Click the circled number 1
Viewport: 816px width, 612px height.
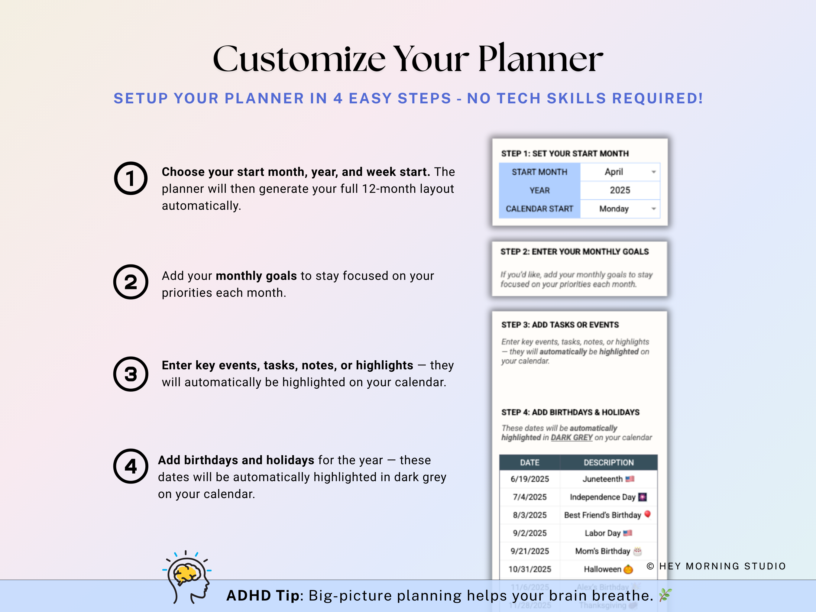pyautogui.click(x=131, y=179)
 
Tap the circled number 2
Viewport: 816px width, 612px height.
pyautogui.click(x=131, y=282)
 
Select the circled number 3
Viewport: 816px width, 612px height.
pyautogui.click(x=131, y=374)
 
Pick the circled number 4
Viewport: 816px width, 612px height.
pyautogui.click(x=131, y=466)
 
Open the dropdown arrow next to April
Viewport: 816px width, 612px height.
pyautogui.click(x=653, y=172)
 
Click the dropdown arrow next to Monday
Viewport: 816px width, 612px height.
pyautogui.click(x=653, y=209)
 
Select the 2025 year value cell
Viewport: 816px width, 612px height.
pyautogui.click(x=620, y=190)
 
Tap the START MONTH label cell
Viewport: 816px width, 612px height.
pyautogui.click(x=539, y=172)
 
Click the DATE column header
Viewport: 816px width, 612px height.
pyautogui.click(x=530, y=463)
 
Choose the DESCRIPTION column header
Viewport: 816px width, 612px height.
pyautogui.click(x=609, y=463)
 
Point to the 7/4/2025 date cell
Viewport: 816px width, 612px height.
pyautogui.click(x=530, y=497)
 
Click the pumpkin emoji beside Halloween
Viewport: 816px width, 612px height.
pyautogui.click(x=628, y=569)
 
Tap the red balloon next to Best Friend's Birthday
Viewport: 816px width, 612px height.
pyautogui.click(x=647, y=514)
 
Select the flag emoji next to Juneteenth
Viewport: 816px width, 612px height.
pyautogui.click(x=630, y=479)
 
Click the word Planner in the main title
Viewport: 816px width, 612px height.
pyautogui.click(x=540, y=59)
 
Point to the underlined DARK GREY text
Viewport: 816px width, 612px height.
pyautogui.click(x=572, y=438)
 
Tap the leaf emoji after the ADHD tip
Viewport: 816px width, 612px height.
pyautogui.click(x=665, y=595)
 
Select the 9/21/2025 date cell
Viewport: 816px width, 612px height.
pyautogui.click(x=530, y=551)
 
